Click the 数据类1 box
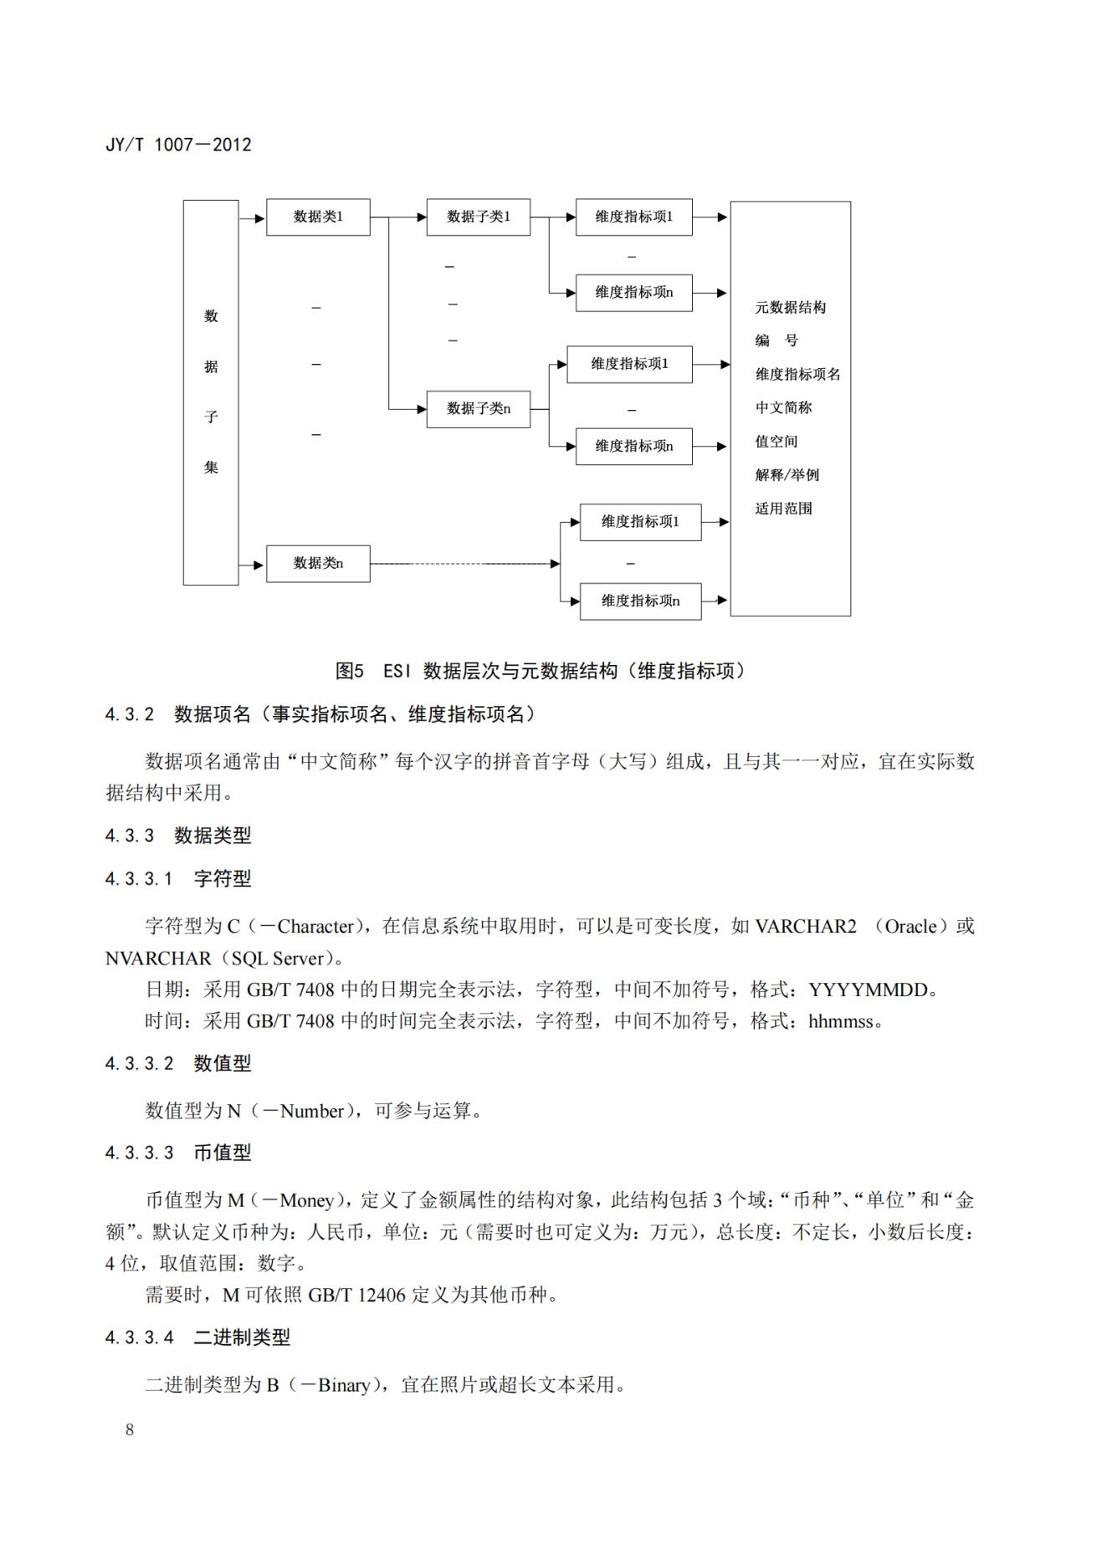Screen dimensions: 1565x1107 [318, 217]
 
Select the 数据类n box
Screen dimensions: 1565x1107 [318, 563]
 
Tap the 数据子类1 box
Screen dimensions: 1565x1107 [478, 217]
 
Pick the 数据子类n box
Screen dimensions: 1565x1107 [478, 409]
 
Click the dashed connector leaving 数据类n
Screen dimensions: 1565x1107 [464, 564]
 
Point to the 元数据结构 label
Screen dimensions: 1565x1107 [790, 308]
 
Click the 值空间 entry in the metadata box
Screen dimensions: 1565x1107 [776, 442]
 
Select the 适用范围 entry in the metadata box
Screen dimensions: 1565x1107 [783, 509]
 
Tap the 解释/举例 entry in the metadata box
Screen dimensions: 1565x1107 [787, 475]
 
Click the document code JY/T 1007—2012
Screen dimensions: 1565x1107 [178, 145]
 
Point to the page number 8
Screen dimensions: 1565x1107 [130, 1429]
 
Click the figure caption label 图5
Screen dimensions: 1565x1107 [350, 671]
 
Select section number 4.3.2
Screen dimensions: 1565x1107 [130, 714]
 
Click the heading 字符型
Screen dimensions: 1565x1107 [223, 879]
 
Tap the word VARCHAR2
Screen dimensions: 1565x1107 [806, 927]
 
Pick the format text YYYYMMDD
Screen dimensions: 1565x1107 [869, 990]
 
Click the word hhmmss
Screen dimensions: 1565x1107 [840, 1021]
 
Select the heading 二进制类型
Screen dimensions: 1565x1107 [242, 1337]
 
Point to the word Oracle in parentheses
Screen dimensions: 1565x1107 [910, 927]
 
